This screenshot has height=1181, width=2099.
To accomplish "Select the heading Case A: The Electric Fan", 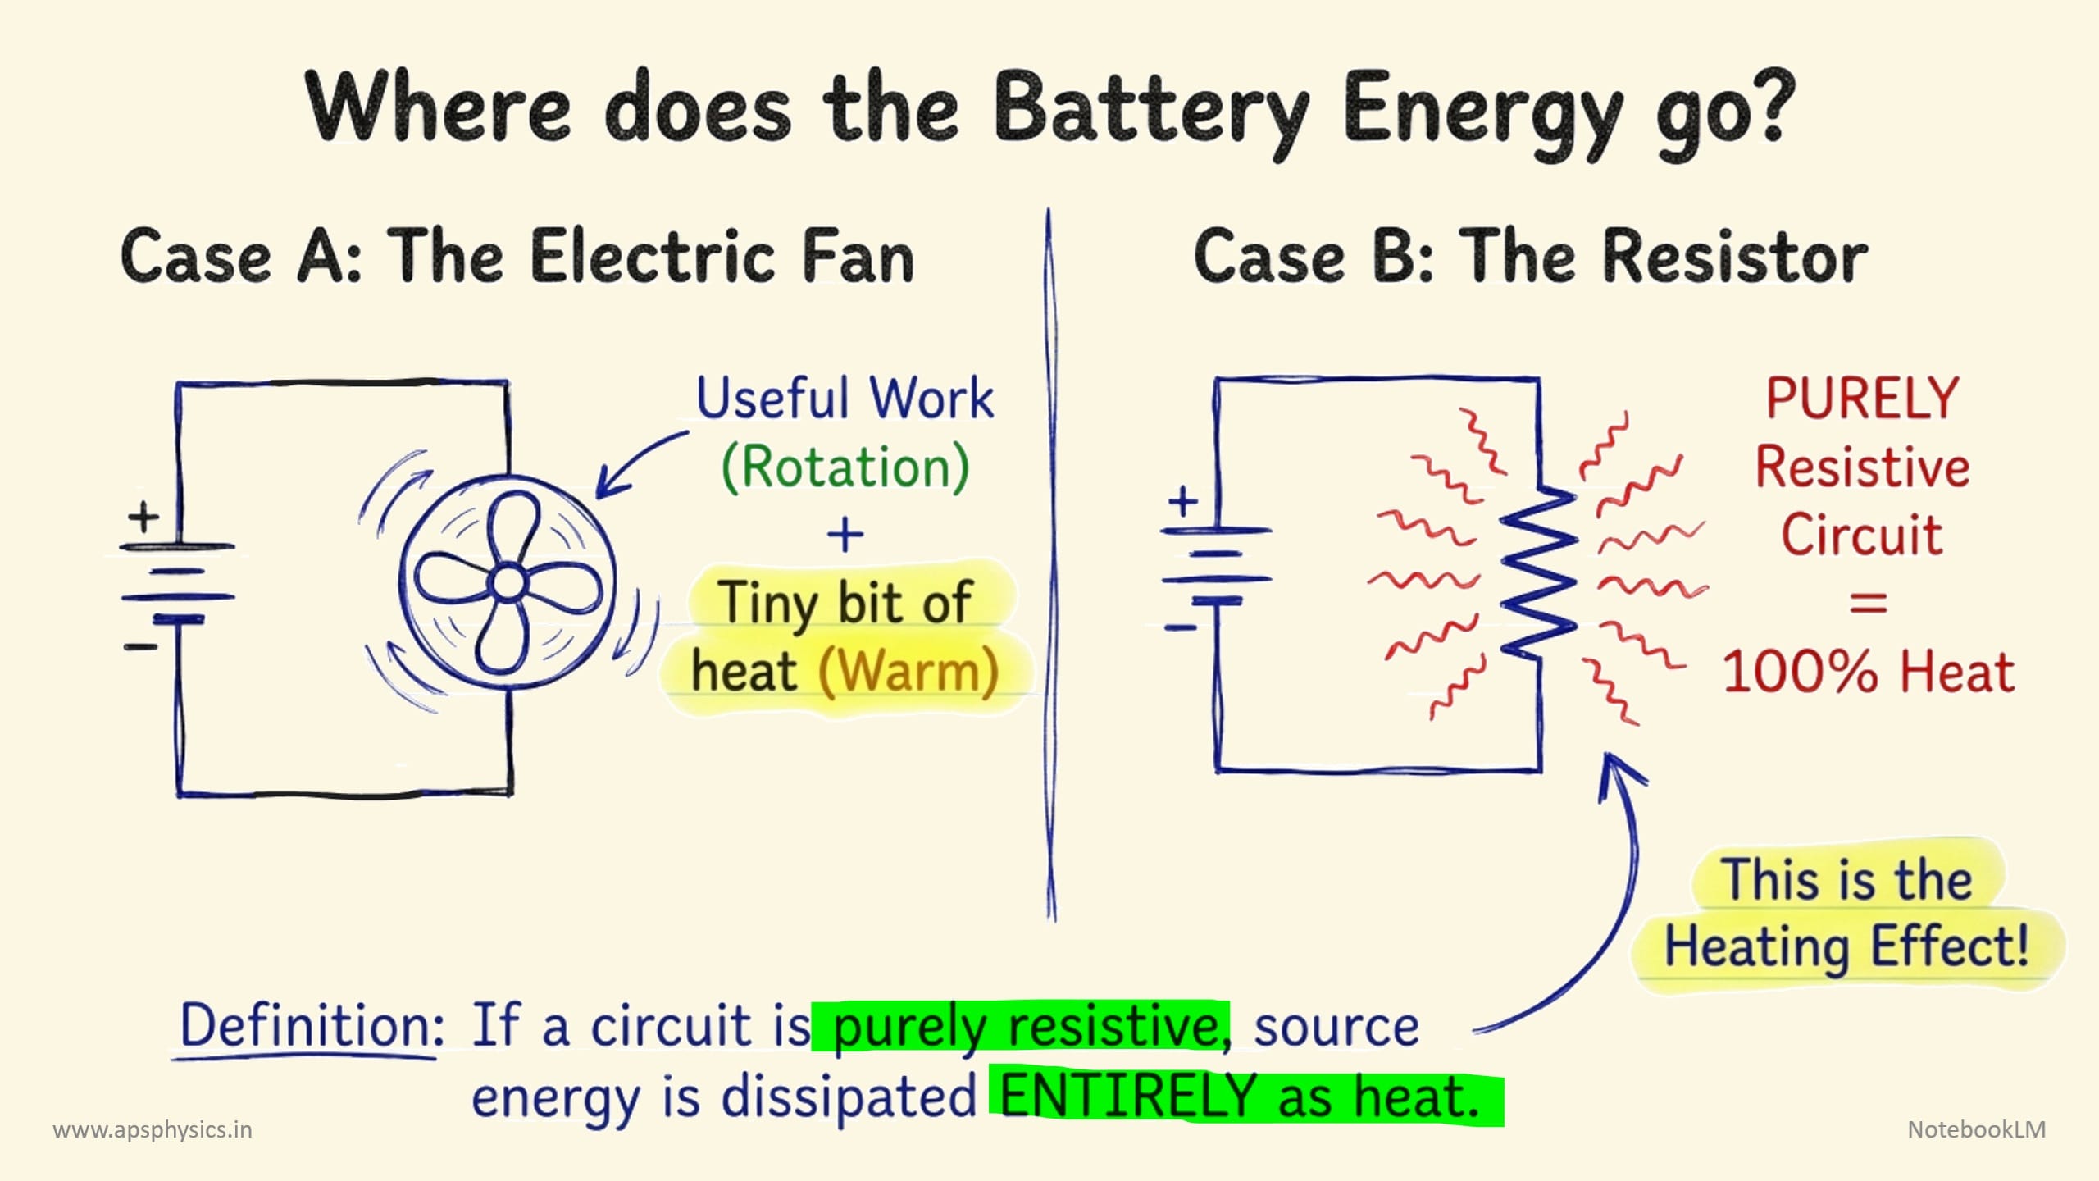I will (517, 257).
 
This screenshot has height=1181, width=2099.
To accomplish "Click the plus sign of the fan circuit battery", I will (143, 518).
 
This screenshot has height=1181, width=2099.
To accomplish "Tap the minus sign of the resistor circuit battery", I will (1181, 628).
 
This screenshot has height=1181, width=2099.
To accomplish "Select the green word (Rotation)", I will (845, 467).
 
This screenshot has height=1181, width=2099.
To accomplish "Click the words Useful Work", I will (845, 399).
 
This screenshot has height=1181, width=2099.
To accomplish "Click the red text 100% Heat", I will (1868, 672).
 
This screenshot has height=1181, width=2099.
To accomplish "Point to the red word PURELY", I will (1862, 399).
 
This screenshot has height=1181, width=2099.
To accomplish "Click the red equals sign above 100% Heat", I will (1869, 605).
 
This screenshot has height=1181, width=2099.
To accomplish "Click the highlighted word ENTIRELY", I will (1128, 1097).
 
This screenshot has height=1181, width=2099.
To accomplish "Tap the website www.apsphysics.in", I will (153, 1130).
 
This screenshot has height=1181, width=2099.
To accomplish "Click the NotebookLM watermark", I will (1976, 1130).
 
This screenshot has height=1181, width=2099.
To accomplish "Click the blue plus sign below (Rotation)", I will (845, 536).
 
